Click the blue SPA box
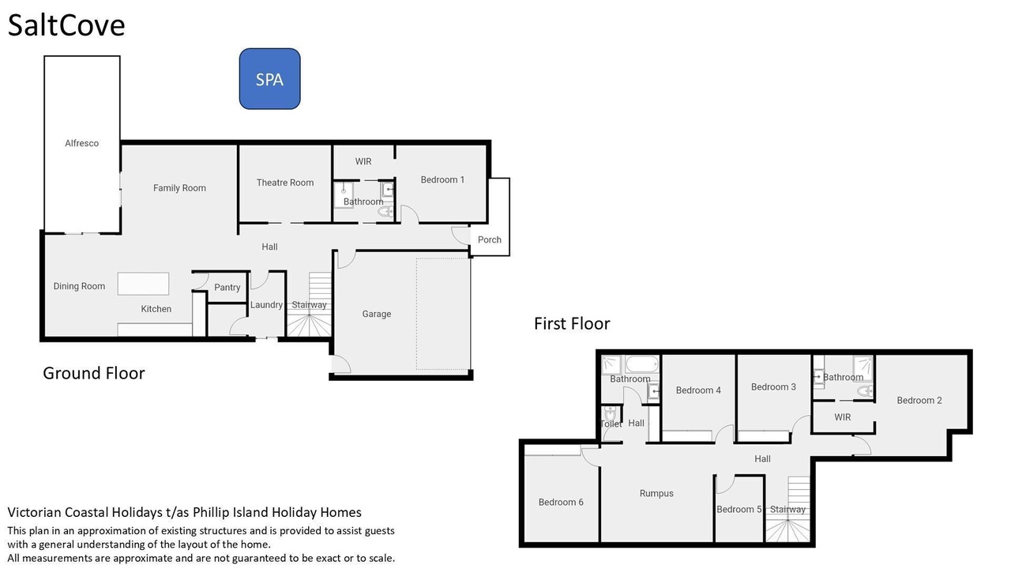(269, 79)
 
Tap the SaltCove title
(66, 25)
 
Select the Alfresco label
(81, 143)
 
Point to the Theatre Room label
(285, 183)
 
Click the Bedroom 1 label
(442, 179)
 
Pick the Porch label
(489, 239)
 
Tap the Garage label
(377, 314)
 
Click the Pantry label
(227, 287)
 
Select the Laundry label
(266, 305)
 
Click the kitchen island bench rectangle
(143, 284)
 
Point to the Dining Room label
(79, 286)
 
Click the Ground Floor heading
(94, 373)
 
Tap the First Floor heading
(572, 323)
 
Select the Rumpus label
(656, 494)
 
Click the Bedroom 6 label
(561, 502)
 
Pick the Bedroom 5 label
(739, 510)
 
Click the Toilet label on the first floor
(611, 424)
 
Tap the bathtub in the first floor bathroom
(642, 364)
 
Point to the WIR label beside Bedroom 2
(842, 417)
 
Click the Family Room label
(179, 188)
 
